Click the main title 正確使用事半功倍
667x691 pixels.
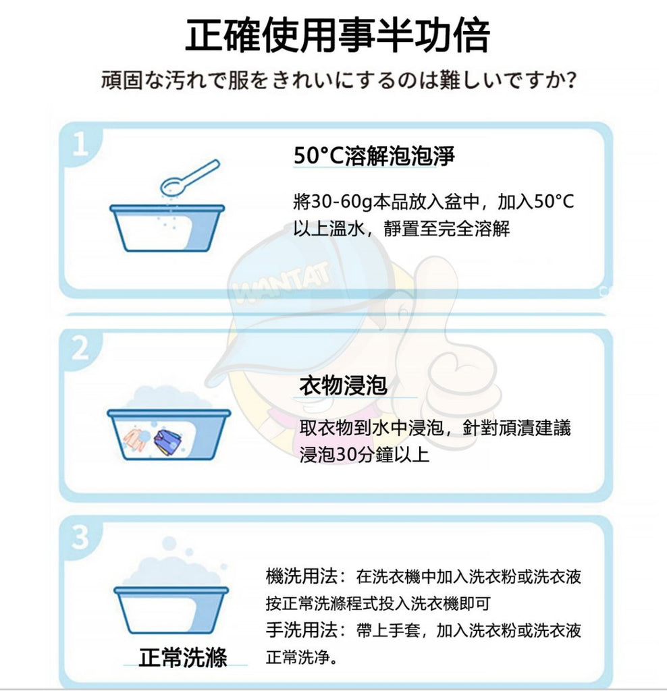[x=338, y=35]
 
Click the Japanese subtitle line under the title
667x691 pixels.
[x=339, y=80]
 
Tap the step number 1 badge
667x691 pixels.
[x=80, y=144]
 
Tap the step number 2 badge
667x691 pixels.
[x=80, y=349]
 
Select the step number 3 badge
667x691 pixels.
[x=80, y=536]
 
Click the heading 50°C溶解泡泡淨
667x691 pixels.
[x=374, y=155]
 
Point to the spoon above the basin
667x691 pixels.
[x=190, y=178]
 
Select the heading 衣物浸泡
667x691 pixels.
[x=343, y=385]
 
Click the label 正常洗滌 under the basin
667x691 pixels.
[x=182, y=657]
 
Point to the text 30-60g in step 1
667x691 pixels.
[x=342, y=202]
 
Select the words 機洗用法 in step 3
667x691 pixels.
[x=302, y=576]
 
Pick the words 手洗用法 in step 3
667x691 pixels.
[x=302, y=630]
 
